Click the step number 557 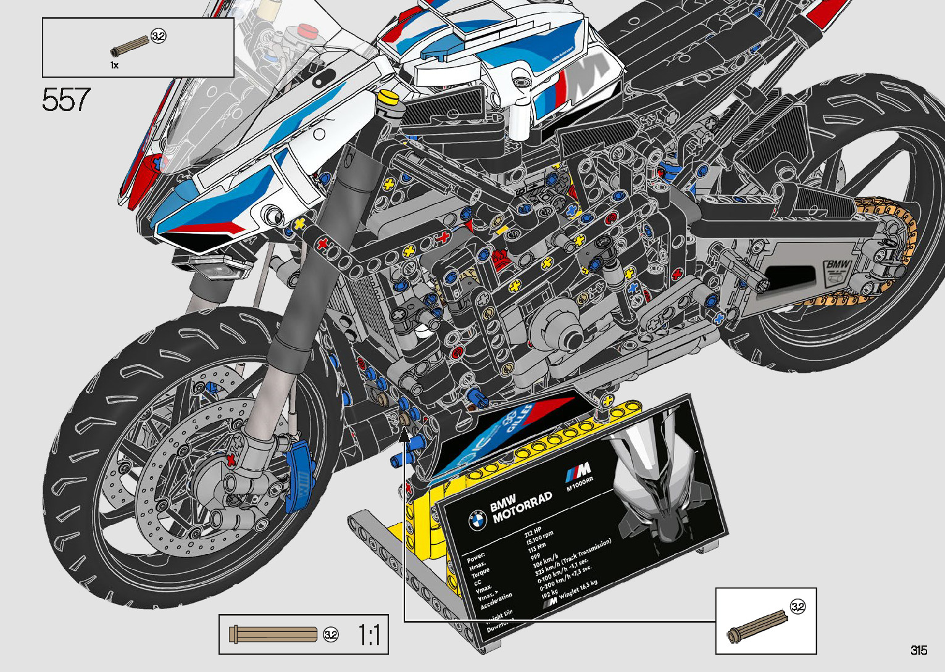(x=66, y=100)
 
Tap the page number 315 (x=918, y=650)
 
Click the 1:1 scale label (x=369, y=635)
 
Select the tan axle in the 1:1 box (x=273, y=634)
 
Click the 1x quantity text (x=114, y=65)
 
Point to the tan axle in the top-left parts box (x=130, y=46)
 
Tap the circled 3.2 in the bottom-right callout (x=797, y=607)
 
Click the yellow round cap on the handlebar (x=388, y=97)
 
